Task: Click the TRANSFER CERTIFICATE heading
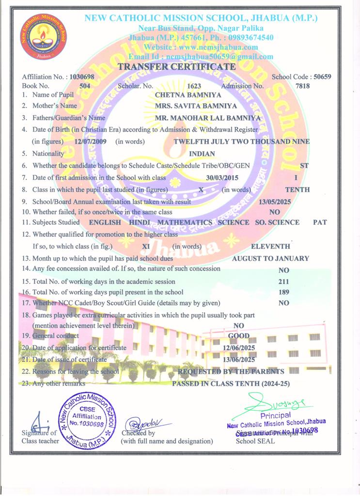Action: click(x=177, y=67)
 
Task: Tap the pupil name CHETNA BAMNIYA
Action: click(x=181, y=95)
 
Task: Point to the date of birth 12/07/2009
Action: click(x=90, y=141)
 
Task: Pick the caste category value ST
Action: click(x=304, y=166)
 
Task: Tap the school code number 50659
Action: click(x=322, y=77)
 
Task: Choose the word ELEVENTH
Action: click(x=271, y=247)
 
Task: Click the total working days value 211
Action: click(x=284, y=281)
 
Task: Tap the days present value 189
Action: click(x=284, y=292)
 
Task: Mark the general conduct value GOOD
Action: click(x=239, y=336)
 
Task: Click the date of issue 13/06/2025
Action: click(x=239, y=359)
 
